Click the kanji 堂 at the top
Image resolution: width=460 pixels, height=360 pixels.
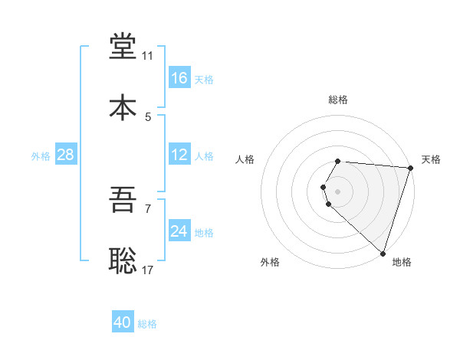pyautogui.click(x=123, y=47)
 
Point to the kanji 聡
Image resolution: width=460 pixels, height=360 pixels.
pyautogui.click(x=123, y=261)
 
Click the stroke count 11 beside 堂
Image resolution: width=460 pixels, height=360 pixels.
pyautogui.click(x=147, y=56)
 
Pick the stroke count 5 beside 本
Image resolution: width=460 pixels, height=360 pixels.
pyautogui.click(x=148, y=117)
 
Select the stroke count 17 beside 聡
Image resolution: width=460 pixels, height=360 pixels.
pyautogui.click(x=148, y=270)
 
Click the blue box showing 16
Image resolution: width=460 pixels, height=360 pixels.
pyautogui.click(x=179, y=78)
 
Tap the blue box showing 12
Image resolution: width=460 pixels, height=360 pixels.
pyautogui.click(x=179, y=155)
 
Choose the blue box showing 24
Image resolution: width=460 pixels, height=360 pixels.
pyautogui.click(x=179, y=231)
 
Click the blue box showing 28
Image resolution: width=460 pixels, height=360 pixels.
pyautogui.click(x=66, y=155)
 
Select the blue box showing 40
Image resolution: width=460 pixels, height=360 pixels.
pyautogui.click(x=123, y=322)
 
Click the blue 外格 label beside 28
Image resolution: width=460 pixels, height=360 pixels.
pyautogui.click(x=41, y=156)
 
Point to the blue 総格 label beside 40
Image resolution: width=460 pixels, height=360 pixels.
pyautogui.click(x=147, y=324)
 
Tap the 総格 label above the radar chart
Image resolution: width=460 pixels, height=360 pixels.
pyautogui.click(x=338, y=100)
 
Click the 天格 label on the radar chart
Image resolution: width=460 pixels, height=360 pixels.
pyautogui.click(x=431, y=159)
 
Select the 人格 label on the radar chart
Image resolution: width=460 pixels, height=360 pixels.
pyautogui.click(x=245, y=159)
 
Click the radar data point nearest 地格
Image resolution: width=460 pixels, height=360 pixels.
pyautogui.click(x=383, y=253)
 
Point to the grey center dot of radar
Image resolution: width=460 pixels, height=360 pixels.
pyautogui.click(x=338, y=191)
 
